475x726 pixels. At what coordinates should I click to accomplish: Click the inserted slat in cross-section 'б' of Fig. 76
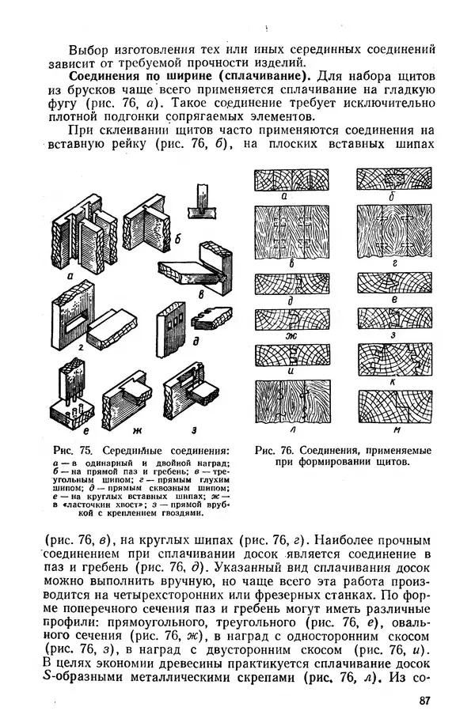point(393,181)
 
